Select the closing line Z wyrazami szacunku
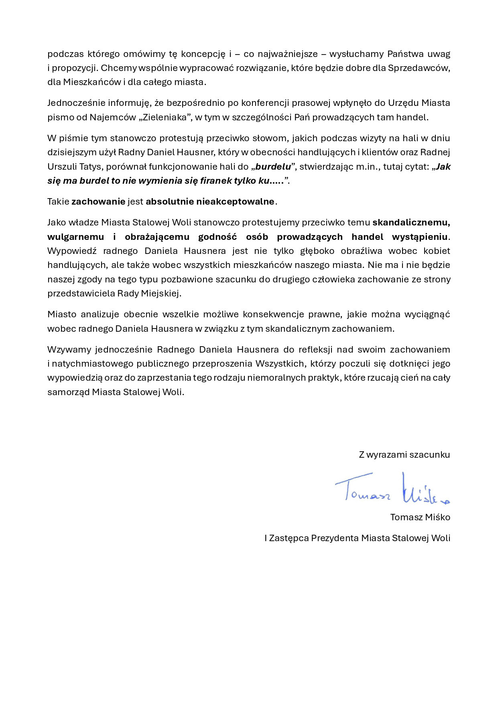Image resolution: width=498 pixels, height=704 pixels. pos(404,454)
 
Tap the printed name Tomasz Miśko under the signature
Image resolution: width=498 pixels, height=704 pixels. pos(420,517)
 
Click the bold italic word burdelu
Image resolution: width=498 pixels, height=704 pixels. pos(273,166)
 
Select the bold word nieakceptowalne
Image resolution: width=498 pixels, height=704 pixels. pos(236,201)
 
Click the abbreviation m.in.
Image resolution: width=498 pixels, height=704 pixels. pos(367,166)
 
